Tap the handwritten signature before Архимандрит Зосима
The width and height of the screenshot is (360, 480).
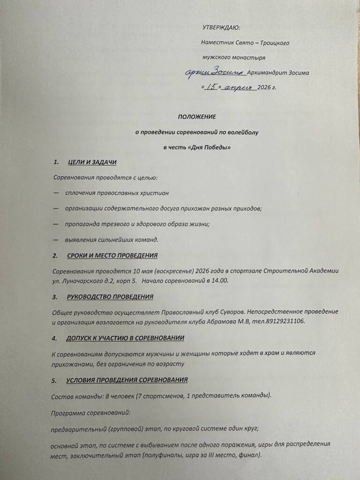click(216, 72)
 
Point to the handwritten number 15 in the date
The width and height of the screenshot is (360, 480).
click(211, 87)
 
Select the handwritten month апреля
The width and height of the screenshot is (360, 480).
click(239, 88)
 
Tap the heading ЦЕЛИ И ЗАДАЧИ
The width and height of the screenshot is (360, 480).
click(92, 162)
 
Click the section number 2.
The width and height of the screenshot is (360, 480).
click(55, 255)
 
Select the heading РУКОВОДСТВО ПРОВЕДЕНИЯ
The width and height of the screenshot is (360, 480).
click(110, 297)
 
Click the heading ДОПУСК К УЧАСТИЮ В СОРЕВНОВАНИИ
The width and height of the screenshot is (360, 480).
click(125, 338)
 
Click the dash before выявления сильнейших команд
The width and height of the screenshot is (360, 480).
click(56, 240)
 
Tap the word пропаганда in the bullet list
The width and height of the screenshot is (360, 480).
click(84, 224)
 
